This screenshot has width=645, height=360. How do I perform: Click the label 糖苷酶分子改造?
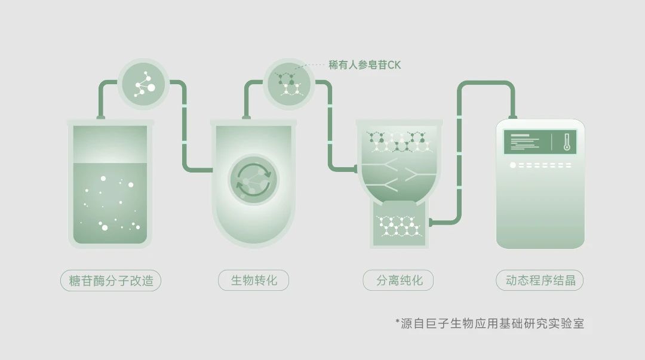(110, 281)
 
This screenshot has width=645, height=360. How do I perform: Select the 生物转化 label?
(253, 280)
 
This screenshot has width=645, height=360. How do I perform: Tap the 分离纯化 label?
(398, 280)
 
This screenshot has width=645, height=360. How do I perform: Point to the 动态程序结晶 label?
(540, 280)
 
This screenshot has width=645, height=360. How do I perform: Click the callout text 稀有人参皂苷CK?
(364, 65)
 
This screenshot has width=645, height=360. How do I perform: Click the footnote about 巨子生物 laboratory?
(490, 324)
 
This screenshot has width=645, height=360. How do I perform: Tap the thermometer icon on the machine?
(567, 142)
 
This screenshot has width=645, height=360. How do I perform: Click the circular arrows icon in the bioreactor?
(253, 180)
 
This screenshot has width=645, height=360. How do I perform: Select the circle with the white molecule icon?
(143, 85)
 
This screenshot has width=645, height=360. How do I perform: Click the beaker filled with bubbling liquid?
(110, 183)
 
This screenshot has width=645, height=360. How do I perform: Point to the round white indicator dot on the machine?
(512, 165)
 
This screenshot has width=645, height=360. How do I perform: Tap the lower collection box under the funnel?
(400, 224)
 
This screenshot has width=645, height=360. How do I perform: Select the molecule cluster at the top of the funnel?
(400, 141)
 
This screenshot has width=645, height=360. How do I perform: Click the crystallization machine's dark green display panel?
(540, 142)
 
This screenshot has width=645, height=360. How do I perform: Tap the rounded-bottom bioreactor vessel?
(253, 183)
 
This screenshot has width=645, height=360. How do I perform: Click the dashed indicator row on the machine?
(545, 165)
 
